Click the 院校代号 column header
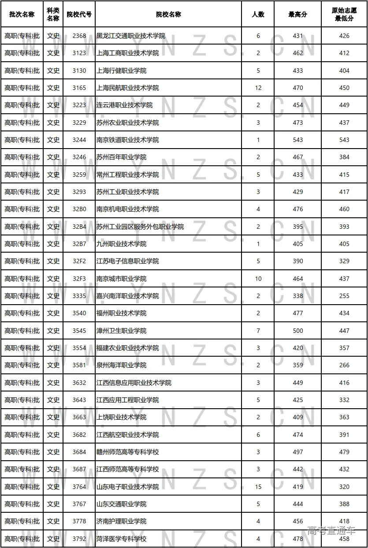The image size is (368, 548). click(x=79, y=15)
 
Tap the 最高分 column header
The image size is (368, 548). click(x=297, y=15)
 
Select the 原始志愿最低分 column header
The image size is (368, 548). click(x=344, y=15)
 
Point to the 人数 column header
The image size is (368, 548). click(x=258, y=15)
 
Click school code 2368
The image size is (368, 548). click(x=79, y=36)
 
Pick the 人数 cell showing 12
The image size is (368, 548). click(x=258, y=88)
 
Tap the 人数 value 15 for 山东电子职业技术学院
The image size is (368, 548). click(x=258, y=487)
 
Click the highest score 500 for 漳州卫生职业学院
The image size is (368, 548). click(x=298, y=331)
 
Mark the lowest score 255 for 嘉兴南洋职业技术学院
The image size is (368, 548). click(x=344, y=296)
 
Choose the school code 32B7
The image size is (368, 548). click(x=79, y=244)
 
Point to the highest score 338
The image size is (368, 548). click(x=298, y=296)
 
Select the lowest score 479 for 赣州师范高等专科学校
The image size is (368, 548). click(x=344, y=452)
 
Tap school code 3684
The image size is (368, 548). click(x=79, y=452)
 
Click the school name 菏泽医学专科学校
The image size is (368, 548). click(x=122, y=539)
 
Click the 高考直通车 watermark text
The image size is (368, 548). click(x=331, y=531)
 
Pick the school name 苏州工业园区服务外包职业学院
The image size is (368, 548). click(x=140, y=227)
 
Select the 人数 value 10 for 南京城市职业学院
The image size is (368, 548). click(x=258, y=279)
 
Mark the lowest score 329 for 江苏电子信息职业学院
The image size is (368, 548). click(x=344, y=261)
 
